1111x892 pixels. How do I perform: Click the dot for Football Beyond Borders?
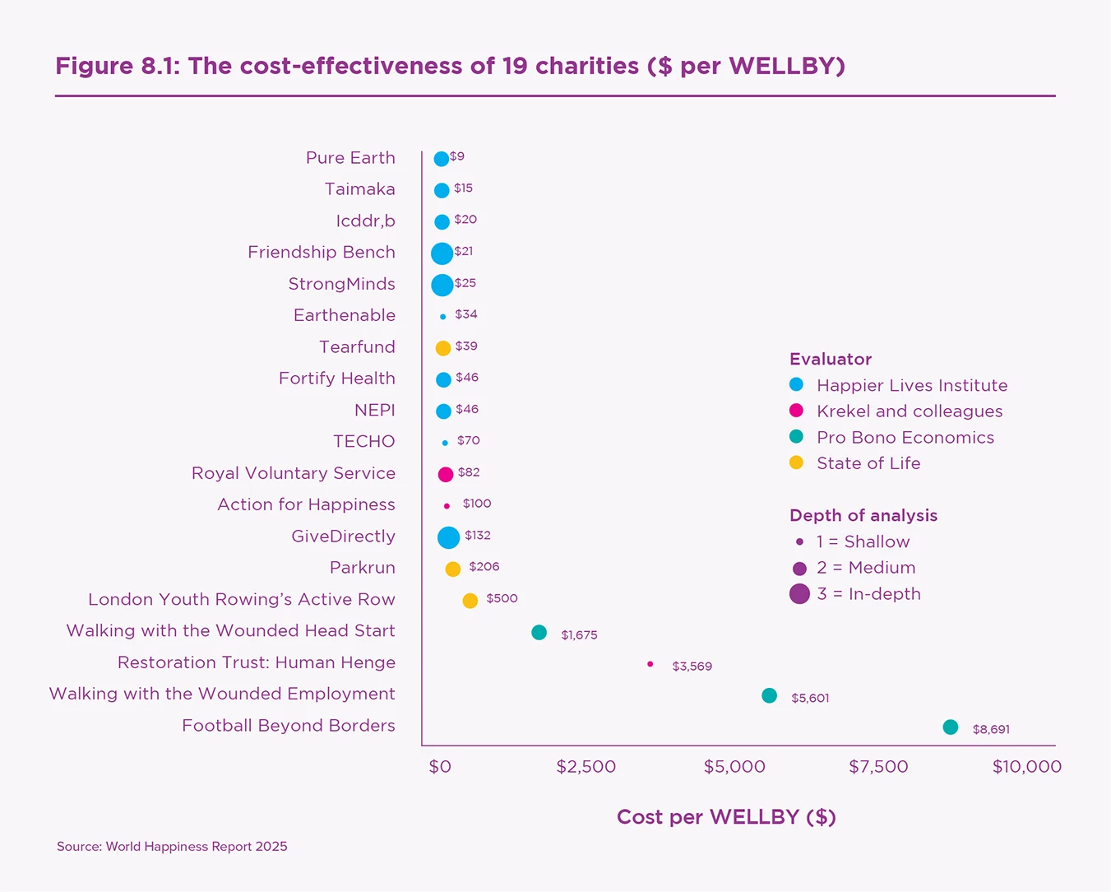click(950, 727)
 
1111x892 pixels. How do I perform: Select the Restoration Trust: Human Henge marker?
click(650, 664)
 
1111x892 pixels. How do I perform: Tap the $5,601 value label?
click(810, 699)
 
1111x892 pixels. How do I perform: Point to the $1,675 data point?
click(539, 633)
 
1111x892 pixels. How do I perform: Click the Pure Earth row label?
click(350, 158)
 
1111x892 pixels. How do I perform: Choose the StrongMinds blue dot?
click(442, 285)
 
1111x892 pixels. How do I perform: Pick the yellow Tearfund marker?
click(443, 348)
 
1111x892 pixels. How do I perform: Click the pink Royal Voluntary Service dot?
click(446, 474)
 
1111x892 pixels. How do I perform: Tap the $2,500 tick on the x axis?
click(586, 767)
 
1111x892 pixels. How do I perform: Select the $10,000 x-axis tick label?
click(1026, 767)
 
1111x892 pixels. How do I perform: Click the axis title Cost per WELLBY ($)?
click(726, 817)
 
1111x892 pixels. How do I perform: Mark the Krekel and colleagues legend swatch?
click(796, 411)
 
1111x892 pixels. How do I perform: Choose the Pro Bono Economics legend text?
click(905, 438)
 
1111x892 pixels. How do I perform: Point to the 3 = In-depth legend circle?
click(799, 594)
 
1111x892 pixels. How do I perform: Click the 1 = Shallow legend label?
click(863, 541)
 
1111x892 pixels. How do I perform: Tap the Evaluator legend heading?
click(831, 359)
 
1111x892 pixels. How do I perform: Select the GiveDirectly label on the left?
click(343, 537)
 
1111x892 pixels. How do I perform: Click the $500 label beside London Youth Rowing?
click(502, 598)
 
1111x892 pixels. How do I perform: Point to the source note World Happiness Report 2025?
click(172, 847)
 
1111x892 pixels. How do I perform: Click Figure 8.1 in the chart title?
click(118, 66)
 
